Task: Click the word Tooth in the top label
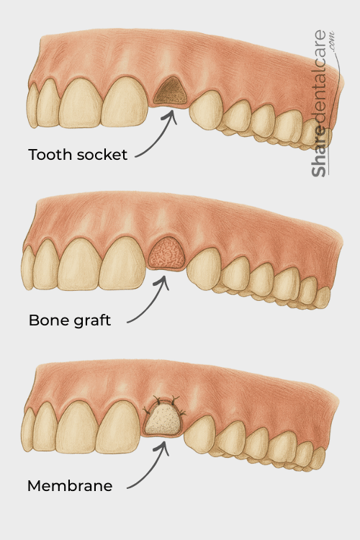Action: pos(50,155)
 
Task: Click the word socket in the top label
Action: pos(102,155)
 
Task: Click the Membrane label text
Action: pos(70,486)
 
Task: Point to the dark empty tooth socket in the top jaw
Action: pos(171,91)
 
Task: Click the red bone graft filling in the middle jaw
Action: pos(167,253)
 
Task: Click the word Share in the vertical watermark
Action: pos(319,152)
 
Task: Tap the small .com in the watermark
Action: pos(331,42)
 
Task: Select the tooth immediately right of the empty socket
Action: pos(206,110)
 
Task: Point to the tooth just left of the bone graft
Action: pos(122,264)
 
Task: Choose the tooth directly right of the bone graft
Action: pos(203,269)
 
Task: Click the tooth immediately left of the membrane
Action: pos(118,427)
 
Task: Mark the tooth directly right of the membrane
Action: pos(200,436)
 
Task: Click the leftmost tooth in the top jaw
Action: pos(32,105)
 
